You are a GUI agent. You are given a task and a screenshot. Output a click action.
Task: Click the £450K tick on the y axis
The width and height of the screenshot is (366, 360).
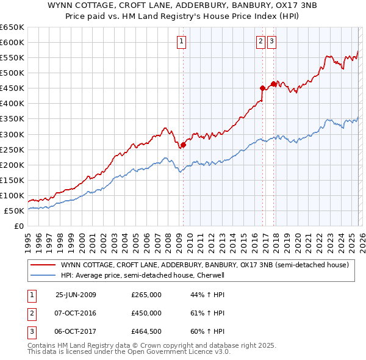[12, 88]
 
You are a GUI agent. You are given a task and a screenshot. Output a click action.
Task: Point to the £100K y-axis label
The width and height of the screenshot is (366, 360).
[12, 195]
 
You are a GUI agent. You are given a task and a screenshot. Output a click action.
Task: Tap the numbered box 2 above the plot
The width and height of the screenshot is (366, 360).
[260, 41]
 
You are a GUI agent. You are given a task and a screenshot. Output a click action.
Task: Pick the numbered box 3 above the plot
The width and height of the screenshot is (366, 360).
[271, 41]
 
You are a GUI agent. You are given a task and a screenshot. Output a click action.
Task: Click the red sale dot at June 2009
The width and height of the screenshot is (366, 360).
[183, 145]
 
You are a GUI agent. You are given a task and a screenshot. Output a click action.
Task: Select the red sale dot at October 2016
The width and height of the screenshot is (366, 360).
[262, 88]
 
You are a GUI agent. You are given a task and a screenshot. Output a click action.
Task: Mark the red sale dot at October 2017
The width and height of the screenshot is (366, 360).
[273, 84]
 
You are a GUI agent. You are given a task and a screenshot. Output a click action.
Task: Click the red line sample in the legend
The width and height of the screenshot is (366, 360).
[43, 265]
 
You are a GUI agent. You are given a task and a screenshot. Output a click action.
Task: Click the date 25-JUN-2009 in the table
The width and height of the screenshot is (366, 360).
[76, 295]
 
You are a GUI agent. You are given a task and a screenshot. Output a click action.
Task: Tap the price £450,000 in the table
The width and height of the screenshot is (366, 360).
[146, 313]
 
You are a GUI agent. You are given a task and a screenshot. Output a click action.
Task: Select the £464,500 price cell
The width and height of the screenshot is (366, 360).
[146, 331]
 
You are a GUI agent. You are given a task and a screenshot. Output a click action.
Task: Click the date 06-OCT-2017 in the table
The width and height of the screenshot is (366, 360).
[76, 331]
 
